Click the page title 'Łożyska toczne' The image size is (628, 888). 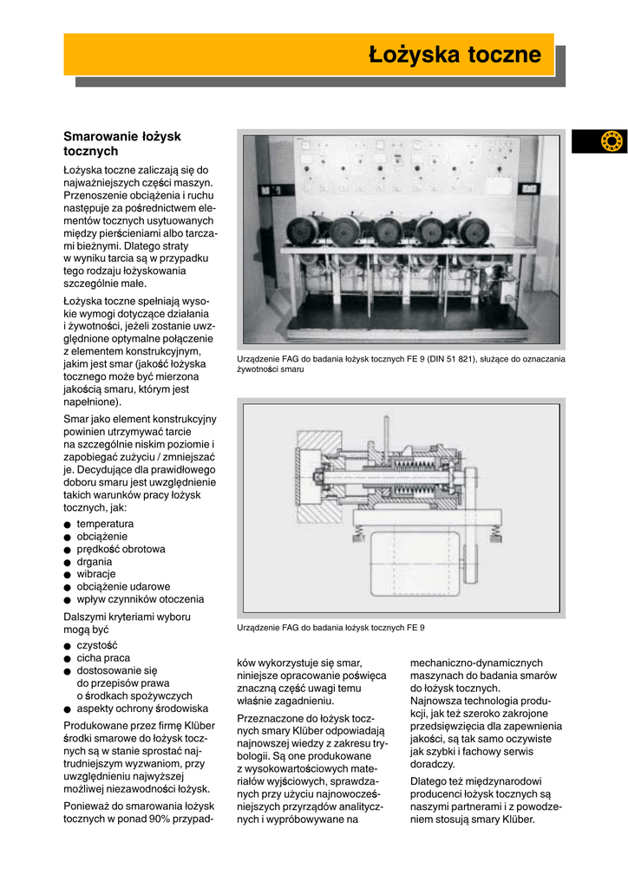[x=455, y=55]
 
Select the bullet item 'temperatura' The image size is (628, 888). [x=105, y=524]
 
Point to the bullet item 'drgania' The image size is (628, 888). [x=95, y=561]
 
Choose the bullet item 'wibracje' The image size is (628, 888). [x=95, y=574]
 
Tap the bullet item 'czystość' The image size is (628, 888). [x=97, y=645]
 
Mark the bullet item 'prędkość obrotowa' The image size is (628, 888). [x=121, y=549]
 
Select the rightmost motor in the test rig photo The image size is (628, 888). [x=474, y=231]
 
